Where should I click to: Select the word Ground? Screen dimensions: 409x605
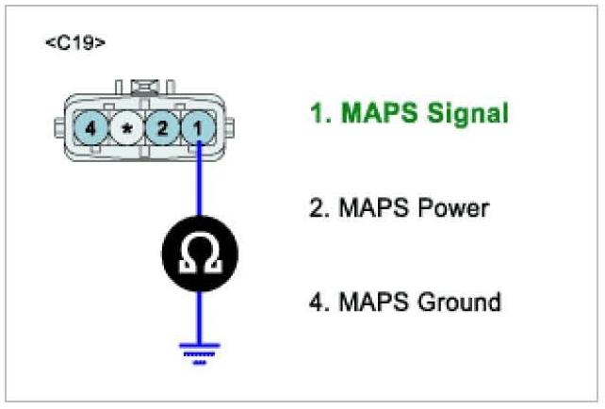click(458, 303)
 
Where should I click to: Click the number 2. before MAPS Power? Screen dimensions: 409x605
click(319, 208)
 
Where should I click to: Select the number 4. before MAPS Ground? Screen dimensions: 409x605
click(319, 303)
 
